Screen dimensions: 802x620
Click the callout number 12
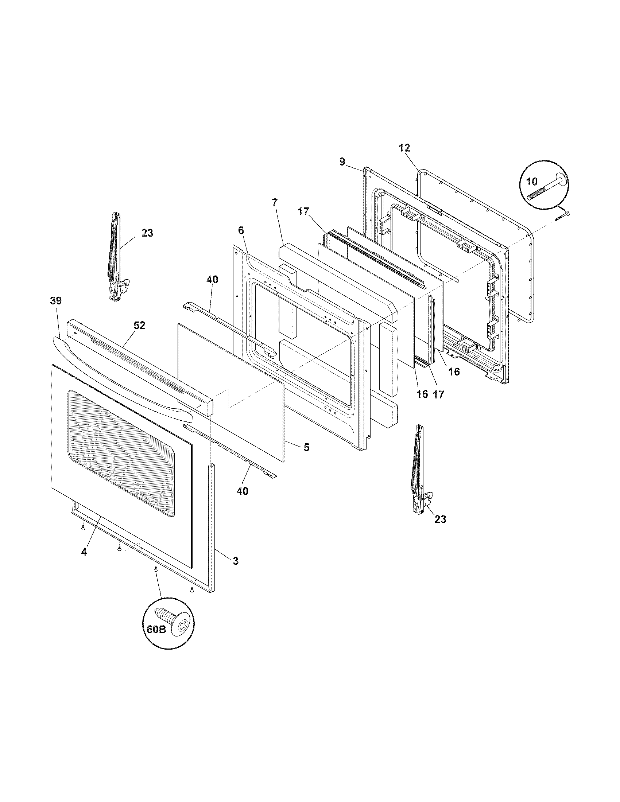tap(404, 148)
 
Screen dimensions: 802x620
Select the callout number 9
tap(342, 161)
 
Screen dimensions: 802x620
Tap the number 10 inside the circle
tap(531, 181)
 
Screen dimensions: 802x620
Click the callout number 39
tap(56, 301)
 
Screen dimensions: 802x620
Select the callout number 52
tap(139, 325)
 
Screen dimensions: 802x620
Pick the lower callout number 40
tap(242, 491)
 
